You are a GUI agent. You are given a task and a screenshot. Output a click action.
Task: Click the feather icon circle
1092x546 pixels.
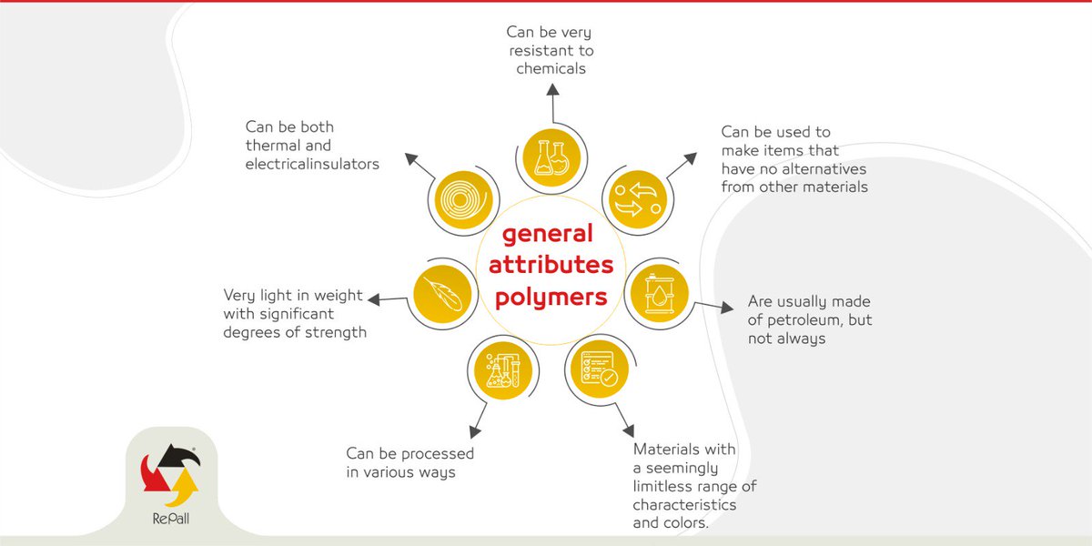(442, 294)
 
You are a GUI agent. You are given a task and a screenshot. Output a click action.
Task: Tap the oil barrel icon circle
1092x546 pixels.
(659, 293)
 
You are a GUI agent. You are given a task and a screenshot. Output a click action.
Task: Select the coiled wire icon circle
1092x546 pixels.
(463, 199)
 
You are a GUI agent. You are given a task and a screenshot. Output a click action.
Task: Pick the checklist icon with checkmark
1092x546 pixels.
(600, 369)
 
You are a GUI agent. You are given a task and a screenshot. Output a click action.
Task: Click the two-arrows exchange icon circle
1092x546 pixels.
(638, 199)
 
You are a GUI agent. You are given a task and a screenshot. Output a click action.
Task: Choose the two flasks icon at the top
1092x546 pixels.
(551, 157)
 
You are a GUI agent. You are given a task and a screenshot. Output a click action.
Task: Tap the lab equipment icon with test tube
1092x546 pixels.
(503, 370)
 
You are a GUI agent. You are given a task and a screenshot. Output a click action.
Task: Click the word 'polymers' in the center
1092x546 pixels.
(551, 298)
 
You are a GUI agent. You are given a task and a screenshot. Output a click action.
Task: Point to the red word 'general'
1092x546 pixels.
(548, 234)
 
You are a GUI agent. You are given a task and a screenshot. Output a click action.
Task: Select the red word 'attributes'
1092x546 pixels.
(551, 265)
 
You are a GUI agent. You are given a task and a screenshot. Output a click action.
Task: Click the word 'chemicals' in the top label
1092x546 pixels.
(551, 69)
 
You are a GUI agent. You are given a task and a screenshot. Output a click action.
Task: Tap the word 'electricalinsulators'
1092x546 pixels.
(312, 164)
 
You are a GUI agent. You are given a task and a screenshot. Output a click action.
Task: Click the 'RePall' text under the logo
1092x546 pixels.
(171, 519)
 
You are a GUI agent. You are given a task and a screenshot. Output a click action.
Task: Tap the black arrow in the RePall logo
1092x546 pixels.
(178, 456)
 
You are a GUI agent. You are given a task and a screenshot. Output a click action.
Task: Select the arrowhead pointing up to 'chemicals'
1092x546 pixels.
(552, 89)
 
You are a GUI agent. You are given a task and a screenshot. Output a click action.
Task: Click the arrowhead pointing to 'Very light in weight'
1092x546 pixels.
(374, 299)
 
